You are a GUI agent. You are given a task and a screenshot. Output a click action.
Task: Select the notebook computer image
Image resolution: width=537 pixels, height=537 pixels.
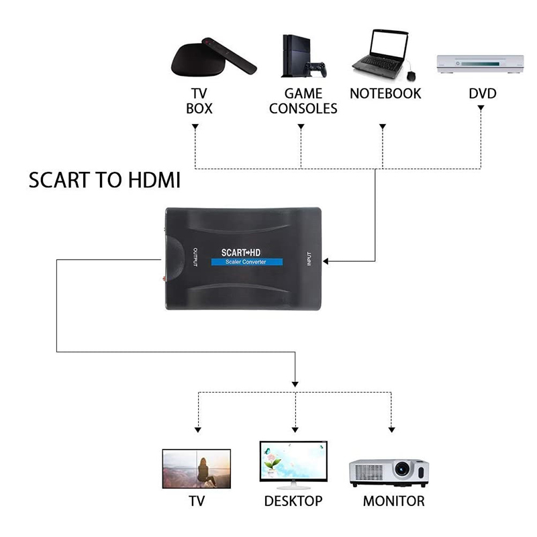point(379,52)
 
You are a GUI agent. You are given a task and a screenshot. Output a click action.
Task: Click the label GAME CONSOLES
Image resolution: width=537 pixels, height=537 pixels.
point(303,101)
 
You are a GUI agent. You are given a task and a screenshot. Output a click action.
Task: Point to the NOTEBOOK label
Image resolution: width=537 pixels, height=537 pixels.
point(385,93)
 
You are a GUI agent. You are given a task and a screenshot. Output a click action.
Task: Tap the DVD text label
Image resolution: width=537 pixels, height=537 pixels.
point(482,93)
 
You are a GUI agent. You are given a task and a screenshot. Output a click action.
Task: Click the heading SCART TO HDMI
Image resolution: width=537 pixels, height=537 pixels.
point(105,181)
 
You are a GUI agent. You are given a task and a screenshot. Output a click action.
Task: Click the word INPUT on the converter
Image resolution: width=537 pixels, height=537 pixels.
point(309,258)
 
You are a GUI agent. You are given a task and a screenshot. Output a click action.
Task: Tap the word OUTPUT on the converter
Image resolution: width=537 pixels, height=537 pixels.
point(195,257)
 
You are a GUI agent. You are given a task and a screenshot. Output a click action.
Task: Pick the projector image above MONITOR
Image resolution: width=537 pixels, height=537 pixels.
point(389,471)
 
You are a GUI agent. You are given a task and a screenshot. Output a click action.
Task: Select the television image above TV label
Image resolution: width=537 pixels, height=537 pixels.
point(197,469)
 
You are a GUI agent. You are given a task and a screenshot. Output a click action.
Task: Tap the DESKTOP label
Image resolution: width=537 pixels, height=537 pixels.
point(293,501)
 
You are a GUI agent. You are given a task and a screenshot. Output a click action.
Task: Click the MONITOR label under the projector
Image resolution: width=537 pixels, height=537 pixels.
point(393,501)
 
